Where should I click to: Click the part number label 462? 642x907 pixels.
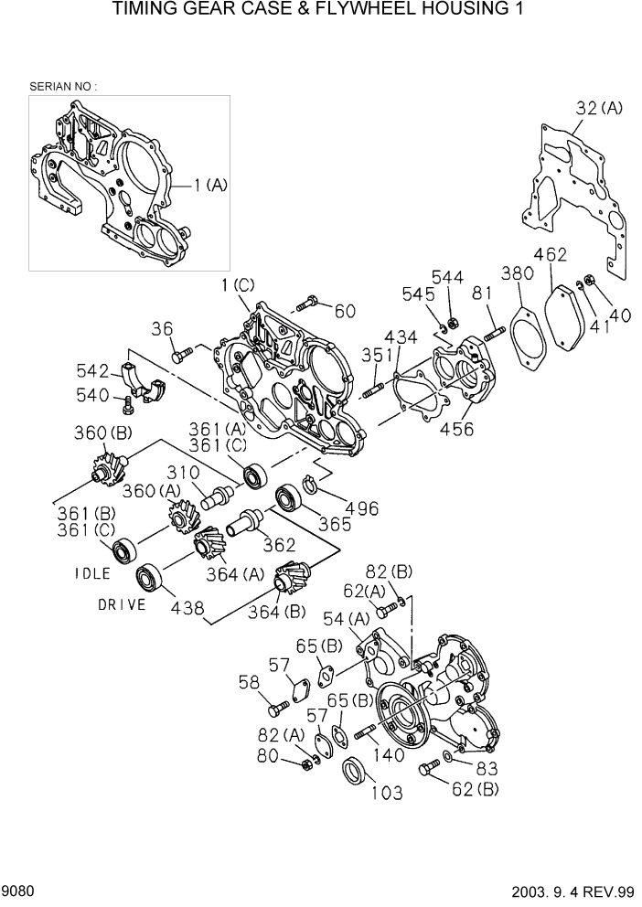[550, 254]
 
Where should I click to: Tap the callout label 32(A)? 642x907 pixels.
[599, 108]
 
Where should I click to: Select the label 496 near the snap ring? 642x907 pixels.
[362, 508]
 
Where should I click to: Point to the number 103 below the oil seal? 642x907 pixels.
[386, 793]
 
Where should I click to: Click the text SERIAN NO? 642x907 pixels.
[62, 86]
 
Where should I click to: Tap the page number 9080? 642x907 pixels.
[18, 890]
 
